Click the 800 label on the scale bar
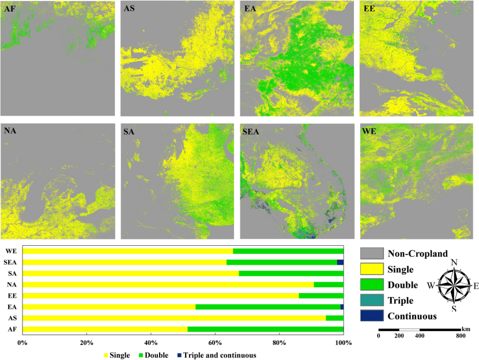(461, 335)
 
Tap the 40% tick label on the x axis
(151, 344)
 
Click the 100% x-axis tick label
(343, 344)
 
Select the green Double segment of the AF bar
(265, 329)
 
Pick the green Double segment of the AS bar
(334, 318)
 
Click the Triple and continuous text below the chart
(219, 355)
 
